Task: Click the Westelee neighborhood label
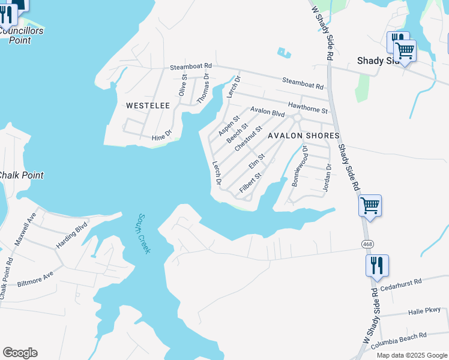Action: tap(148, 106)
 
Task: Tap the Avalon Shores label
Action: tap(304, 136)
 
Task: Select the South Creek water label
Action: tap(143, 233)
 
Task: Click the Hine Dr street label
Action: tap(161, 137)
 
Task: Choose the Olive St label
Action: tap(184, 85)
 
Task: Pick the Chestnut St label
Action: tap(249, 138)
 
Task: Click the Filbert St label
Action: tap(251, 183)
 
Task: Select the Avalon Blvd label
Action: tap(267, 112)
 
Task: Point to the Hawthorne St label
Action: tap(307, 108)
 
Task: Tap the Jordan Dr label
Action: tap(328, 178)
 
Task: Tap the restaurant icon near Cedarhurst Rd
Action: tap(377, 265)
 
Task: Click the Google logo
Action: tap(20, 353)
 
